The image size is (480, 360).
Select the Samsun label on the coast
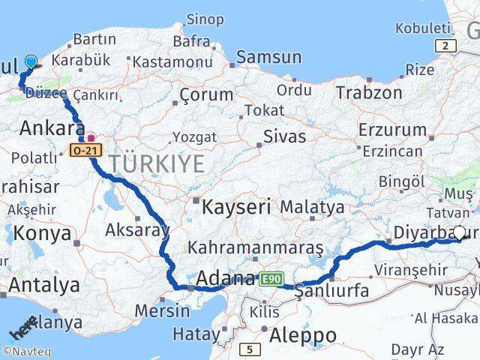click(x=269, y=57)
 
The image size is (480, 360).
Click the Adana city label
click(x=225, y=279)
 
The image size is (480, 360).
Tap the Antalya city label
click(x=45, y=285)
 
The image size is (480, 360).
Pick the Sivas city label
click(x=284, y=136)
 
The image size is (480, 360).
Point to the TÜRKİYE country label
click(x=156, y=163)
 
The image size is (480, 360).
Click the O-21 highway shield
click(x=84, y=151)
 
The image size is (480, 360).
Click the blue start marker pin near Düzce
click(x=31, y=62)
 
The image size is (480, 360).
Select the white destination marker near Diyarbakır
click(x=460, y=233)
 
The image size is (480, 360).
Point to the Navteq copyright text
click(x=22, y=350)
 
